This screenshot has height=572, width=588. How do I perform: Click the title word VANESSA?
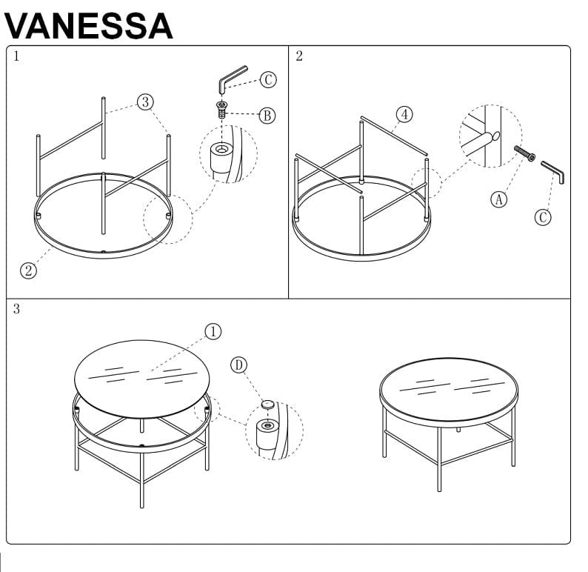pyautogui.click(x=88, y=24)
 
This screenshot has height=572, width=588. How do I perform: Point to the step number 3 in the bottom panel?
pyautogui.click(x=16, y=309)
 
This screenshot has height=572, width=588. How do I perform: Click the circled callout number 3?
pyautogui.click(x=145, y=102)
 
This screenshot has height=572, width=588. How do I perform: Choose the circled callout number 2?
pyautogui.click(x=28, y=270)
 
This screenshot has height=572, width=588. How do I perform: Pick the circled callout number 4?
pyautogui.click(x=404, y=114)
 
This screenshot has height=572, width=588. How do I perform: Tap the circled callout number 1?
pyautogui.click(x=213, y=331)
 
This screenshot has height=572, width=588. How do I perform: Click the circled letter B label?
pyautogui.click(x=267, y=115)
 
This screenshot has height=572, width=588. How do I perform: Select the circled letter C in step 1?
pyautogui.click(x=267, y=81)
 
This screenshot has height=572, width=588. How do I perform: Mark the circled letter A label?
pyautogui.click(x=501, y=198)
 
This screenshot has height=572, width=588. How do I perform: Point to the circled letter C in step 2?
pyautogui.click(x=543, y=217)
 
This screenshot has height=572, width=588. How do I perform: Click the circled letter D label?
pyautogui.click(x=238, y=365)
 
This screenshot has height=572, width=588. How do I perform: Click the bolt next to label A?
pyautogui.click(x=524, y=154)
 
